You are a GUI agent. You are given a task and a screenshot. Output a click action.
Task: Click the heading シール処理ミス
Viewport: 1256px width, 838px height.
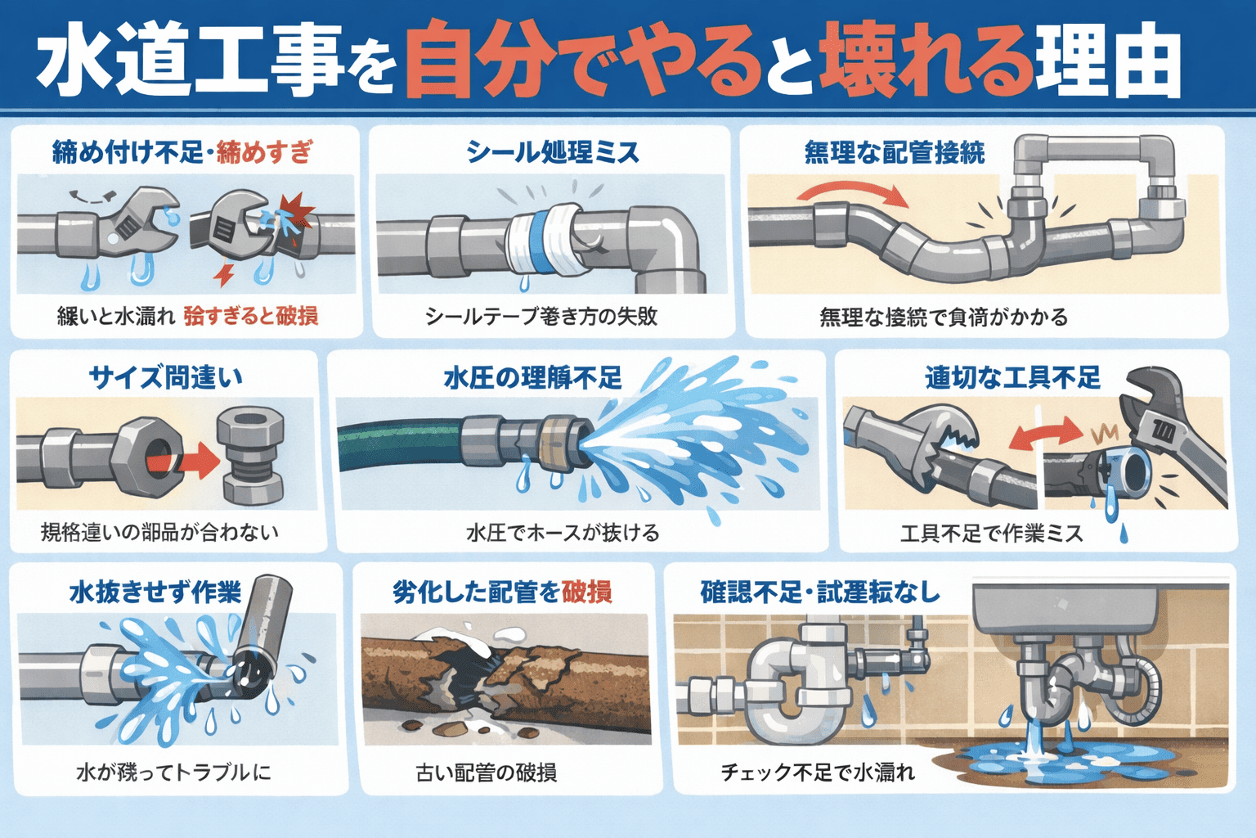(x=552, y=152)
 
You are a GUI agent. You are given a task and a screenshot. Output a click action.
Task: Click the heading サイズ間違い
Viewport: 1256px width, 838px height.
(x=165, y=377)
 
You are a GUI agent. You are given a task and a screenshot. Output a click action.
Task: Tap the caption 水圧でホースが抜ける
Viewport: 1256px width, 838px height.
(x=563, y=533)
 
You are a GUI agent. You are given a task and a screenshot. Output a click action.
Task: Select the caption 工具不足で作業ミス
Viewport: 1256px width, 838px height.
(x=991, y=534)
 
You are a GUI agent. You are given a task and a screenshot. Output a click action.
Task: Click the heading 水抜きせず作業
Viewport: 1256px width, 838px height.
(x=155, y=592)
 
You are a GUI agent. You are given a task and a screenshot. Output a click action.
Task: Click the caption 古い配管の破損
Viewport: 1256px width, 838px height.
(x=487, y=772)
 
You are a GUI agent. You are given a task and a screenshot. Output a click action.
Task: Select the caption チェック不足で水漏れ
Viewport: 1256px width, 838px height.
(x=817, y=772)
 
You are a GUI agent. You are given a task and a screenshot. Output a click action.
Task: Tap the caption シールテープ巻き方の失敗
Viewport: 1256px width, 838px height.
(x=541, y=317)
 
